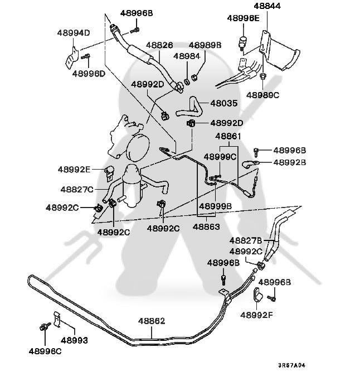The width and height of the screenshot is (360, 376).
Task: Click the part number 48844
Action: (x=267, y=7)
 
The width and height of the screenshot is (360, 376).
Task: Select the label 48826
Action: (x=159, y=45)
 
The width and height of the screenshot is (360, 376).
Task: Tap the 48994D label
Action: (x=73, y=33)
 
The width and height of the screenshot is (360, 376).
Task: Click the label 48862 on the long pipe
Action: (x=151, y=321)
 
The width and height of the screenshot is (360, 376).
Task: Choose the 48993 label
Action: (x=74, y=340)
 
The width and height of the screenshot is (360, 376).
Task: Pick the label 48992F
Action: (x=256, y=315)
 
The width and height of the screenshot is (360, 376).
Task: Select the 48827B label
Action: (x=246, y=240)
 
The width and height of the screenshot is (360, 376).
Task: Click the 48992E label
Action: (x=74, y=169)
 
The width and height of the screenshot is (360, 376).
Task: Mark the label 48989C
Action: (x=262, y=95)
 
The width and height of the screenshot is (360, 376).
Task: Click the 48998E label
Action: (x=243, y=18)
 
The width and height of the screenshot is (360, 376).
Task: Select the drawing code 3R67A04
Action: (x=293, y=366)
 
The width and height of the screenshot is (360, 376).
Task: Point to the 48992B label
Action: (x=289, y=162)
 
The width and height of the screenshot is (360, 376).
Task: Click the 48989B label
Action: (x=205, y=45)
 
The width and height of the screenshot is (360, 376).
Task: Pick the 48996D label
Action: (x=89, y=73)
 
